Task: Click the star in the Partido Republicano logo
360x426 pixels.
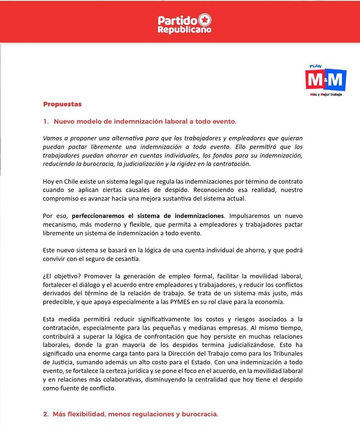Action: click(x=205, y=20)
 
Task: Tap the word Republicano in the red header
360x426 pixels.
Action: click(x=184, y=29)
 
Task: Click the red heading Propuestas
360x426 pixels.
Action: click(x=62, y=104)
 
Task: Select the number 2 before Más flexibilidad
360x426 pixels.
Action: click(x=45, y=414)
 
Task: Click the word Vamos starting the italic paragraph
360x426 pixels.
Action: click(x=53, y=138)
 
